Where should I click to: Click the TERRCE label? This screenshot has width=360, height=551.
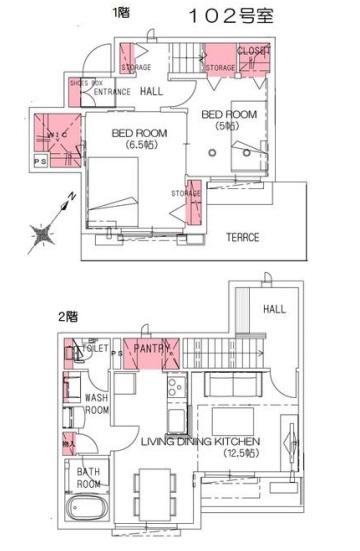click(242, 237)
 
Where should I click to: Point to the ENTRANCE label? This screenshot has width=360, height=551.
click(111, 92)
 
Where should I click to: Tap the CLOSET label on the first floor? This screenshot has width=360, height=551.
click(254, 51)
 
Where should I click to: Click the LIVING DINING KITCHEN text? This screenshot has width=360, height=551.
click(200, 441)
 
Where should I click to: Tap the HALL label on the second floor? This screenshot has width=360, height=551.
click(274, 309)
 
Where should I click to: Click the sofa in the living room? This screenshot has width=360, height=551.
click(233, 384)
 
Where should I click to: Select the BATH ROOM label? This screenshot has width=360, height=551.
click(90, 477)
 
